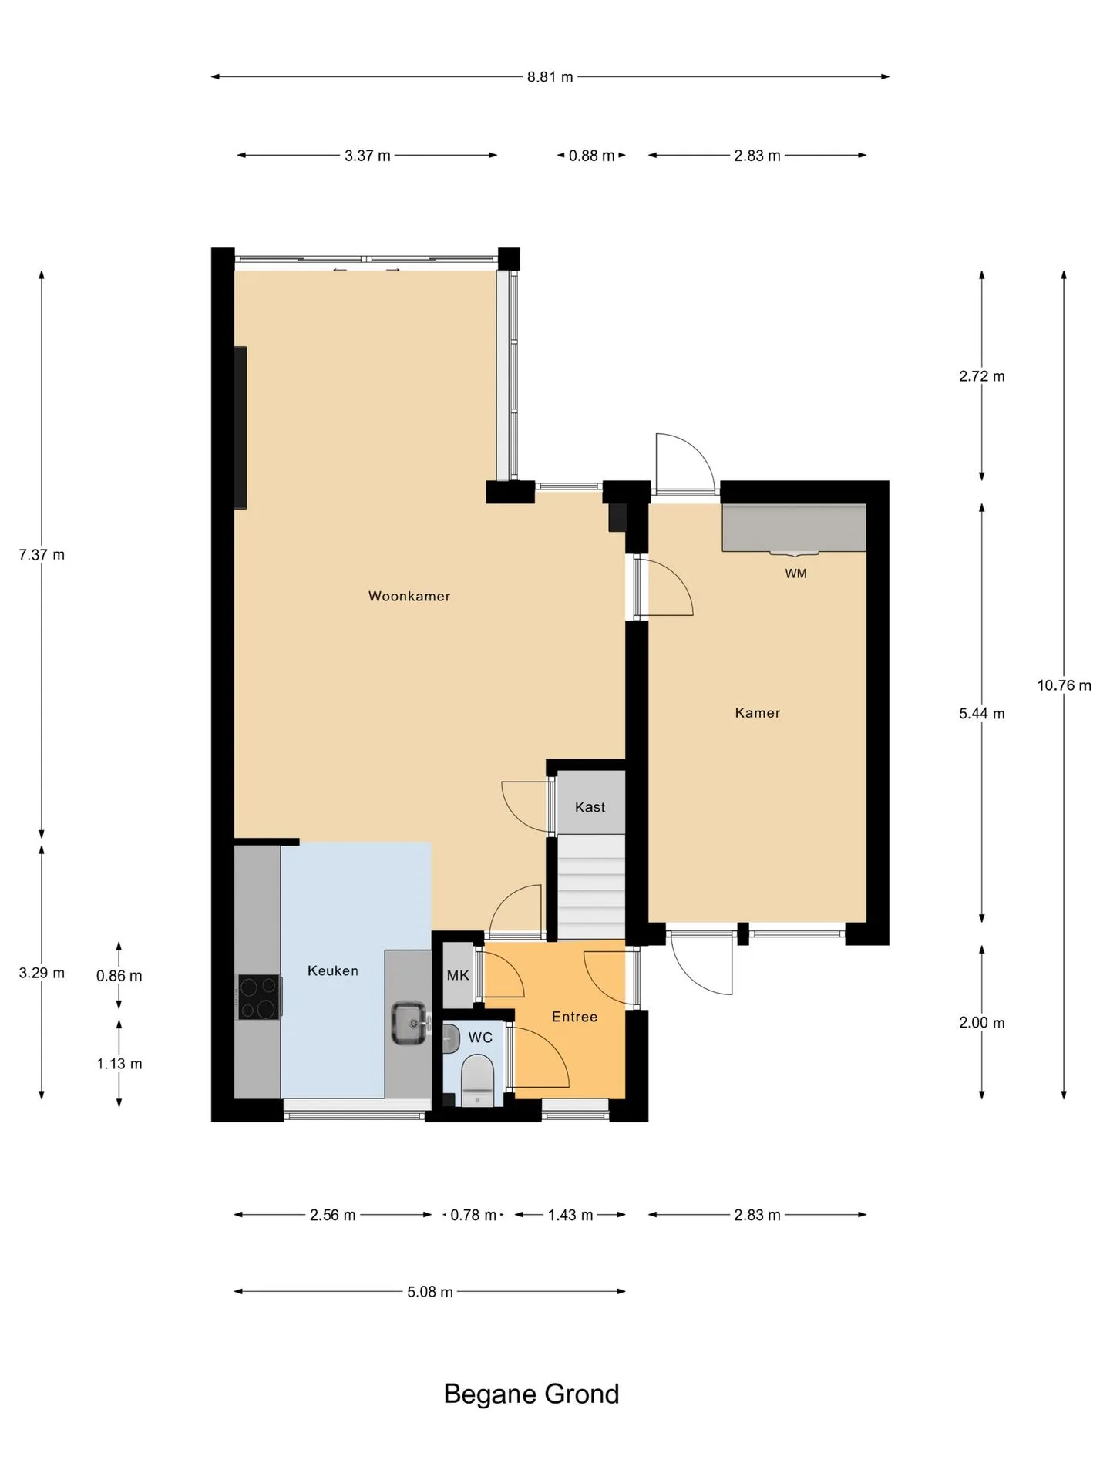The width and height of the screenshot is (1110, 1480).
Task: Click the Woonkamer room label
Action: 409,596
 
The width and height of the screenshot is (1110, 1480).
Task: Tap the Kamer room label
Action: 758,713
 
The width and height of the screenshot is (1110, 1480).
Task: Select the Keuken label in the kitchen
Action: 333,970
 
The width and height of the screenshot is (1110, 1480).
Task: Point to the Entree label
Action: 575,1017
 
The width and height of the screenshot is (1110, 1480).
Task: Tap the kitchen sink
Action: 410,1023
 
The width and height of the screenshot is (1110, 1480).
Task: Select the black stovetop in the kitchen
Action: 259,997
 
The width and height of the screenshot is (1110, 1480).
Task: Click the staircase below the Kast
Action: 590,887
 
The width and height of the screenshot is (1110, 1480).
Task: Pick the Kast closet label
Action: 590,807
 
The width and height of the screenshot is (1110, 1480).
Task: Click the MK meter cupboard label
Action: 458,975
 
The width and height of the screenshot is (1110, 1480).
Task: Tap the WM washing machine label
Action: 795,573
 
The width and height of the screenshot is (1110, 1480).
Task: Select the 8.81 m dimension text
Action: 550,77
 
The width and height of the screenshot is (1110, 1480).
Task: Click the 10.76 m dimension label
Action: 1064,685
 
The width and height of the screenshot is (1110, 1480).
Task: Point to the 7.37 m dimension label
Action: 42,554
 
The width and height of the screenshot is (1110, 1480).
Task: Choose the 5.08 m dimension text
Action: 430,1292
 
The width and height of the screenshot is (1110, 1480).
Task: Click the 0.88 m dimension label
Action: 592,156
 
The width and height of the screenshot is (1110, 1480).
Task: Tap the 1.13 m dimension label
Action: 119,1064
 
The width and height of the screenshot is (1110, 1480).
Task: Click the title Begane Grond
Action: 532,1394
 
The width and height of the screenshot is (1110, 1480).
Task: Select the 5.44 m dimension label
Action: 982,714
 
